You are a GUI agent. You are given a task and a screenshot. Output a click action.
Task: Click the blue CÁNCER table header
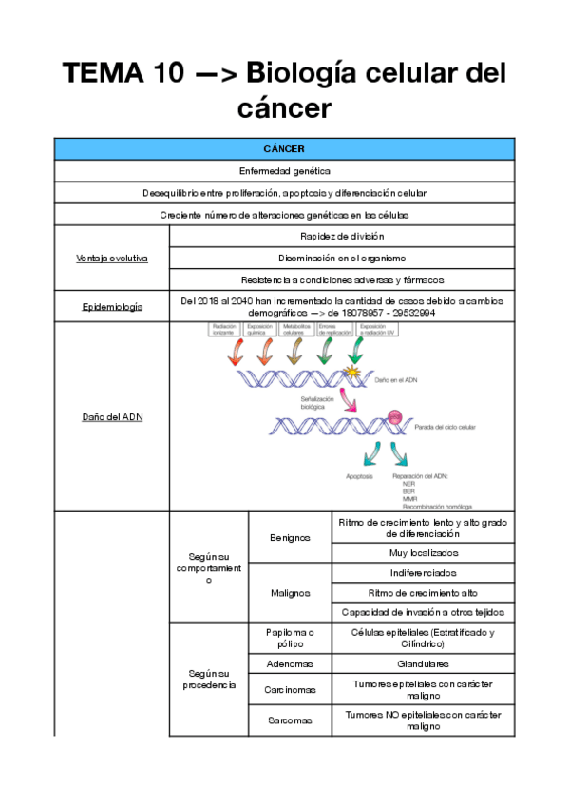(x=284, y=149)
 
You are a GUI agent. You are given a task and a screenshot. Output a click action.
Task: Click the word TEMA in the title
(x=104, y=73)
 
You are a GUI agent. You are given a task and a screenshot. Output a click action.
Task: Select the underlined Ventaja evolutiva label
(x=111, y=258)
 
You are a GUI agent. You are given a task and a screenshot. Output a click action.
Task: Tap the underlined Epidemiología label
(x=111, y=306)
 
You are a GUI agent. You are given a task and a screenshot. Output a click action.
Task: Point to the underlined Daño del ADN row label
(x=111, y=416)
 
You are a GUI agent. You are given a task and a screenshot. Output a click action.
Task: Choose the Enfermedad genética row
(x=284, y=171)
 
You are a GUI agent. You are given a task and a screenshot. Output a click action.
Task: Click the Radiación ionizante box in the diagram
(x=224, y=330)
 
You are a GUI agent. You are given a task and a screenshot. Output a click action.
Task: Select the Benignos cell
(x=290, y=537)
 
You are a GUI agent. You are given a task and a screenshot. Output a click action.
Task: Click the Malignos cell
(x=290, y=593)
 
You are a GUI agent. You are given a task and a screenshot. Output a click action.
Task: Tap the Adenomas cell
(x=290, y=663)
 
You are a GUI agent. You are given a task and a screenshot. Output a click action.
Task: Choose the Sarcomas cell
(x=290, y=720)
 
